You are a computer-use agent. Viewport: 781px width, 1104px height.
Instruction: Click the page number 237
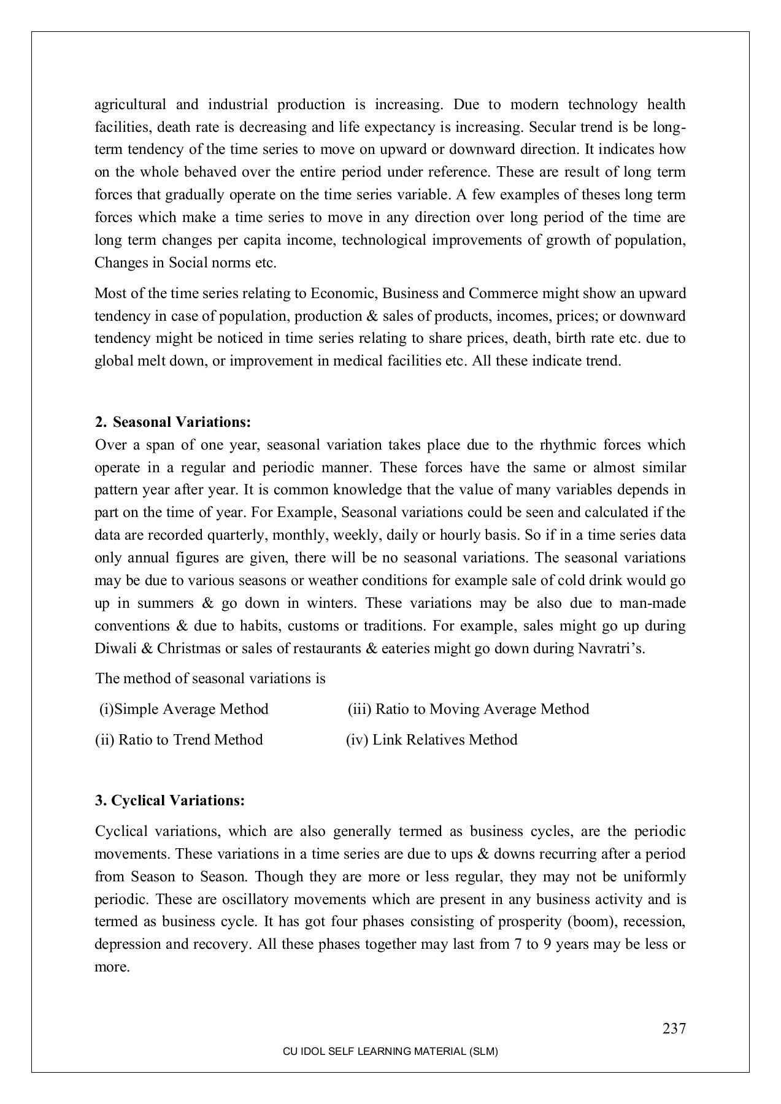(674, 1029)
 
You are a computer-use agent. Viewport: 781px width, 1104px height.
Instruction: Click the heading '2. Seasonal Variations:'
(174, 422)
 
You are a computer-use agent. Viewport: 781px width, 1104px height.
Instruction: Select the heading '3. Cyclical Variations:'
(170, 800)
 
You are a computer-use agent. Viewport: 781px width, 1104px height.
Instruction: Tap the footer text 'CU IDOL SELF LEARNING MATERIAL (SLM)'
(390, 1051)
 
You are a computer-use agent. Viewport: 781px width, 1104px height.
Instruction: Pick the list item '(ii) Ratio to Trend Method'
(179, 740)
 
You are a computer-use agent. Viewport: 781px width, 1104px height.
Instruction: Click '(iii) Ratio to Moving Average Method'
(468, 709)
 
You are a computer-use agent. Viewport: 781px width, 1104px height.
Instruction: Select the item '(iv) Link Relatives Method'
(431, 740)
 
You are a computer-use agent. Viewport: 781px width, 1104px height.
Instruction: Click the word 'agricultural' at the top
(130, 105)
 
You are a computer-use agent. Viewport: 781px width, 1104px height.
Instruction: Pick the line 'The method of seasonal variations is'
(210, 678)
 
